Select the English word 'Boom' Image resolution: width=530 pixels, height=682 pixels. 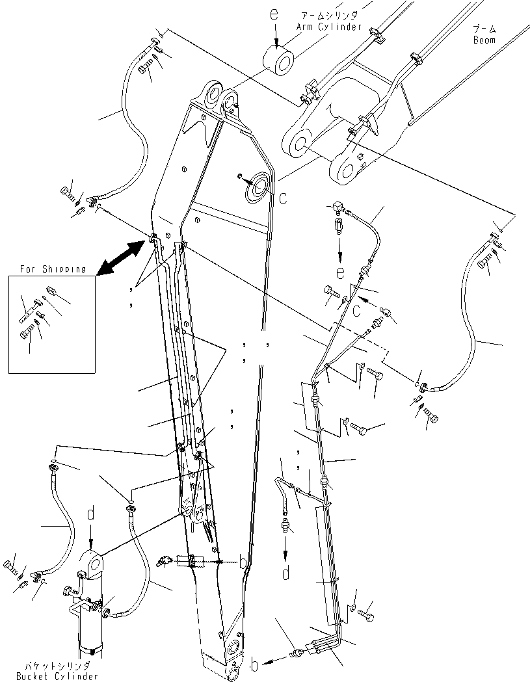click(x=484, y=40)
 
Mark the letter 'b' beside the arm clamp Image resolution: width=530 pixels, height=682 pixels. click(x=243, y=562)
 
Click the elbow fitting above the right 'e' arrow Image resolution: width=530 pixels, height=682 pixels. click(x=337, y=208)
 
